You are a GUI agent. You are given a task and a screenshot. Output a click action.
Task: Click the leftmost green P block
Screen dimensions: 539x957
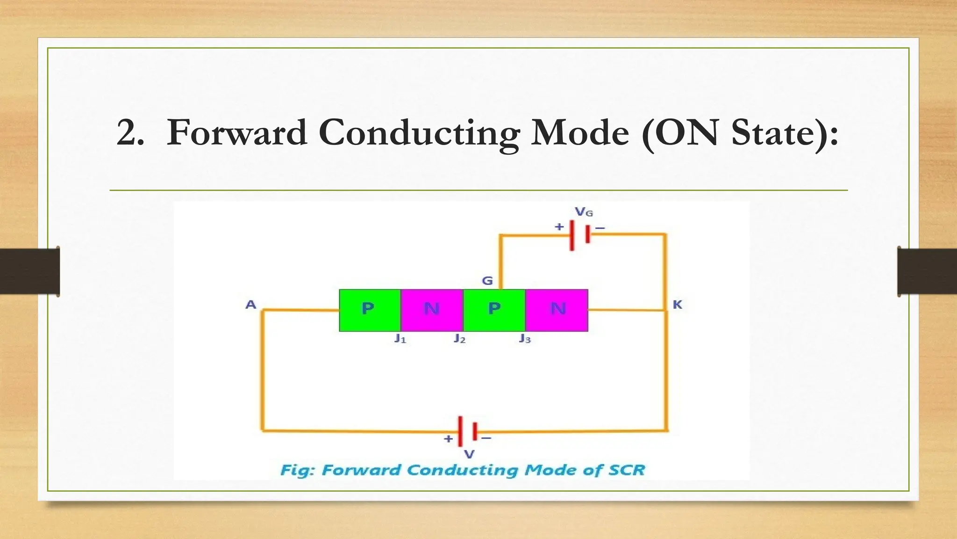click(x=369, y=310)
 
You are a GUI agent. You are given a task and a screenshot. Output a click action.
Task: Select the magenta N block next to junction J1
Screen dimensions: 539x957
click(x=431, y=310)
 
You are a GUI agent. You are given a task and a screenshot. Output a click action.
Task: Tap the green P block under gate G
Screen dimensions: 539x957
click(x=494, y=310)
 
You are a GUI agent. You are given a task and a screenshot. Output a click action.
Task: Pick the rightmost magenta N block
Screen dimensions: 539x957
click(x=557, y=310)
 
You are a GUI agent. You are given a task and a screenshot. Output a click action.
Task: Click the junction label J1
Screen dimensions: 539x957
click(x=400, y=339)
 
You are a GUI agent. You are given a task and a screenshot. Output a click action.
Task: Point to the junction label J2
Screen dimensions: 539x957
click(x=459, y=339)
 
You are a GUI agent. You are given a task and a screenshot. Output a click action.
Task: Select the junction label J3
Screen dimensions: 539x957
click(x=525, y=339)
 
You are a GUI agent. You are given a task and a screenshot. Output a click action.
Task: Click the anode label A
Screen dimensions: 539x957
click(x=251, y=305)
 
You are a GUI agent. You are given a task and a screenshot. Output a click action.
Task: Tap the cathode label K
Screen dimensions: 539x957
click(x=677, y=305)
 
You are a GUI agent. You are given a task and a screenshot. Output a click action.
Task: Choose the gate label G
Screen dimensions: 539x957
click(x=487, y=281)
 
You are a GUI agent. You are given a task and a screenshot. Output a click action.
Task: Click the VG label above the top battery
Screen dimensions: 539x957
click(x=584, y=212)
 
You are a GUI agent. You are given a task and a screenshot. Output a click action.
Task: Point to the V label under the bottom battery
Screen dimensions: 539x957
click(x=469, y=454)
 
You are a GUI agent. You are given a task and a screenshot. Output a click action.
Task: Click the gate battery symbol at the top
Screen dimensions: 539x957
click(x=579, y=235)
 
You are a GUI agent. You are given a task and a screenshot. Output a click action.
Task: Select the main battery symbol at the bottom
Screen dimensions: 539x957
click(x=468, y=431)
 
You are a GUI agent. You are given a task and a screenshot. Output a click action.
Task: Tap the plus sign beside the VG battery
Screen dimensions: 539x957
click(x=559, y=227)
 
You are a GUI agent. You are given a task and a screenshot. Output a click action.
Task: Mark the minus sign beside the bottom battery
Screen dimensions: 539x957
click(x=486, y=438)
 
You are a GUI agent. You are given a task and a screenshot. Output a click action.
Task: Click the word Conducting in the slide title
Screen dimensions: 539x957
click(x=419, y=133)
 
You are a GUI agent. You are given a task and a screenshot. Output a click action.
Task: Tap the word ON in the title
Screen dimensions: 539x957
click(x=686, y=133)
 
